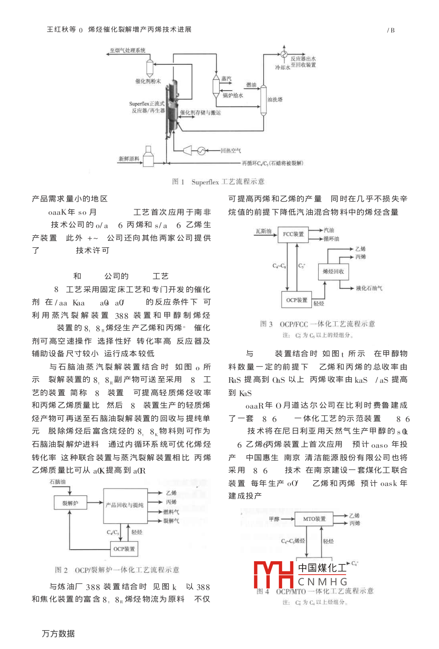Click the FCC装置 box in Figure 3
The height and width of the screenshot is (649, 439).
(x=293, y=234)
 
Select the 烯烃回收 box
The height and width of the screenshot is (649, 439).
(x=333, y=271)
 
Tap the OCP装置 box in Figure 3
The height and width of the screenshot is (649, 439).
(x=297, y=300)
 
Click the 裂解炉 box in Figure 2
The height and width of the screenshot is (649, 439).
(x=70, y=503)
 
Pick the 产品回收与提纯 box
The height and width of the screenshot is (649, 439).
(x=124, y=505)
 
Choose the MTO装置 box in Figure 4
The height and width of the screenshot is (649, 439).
(x=315, y=519)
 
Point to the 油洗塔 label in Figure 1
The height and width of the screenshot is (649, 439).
(x=275, y=100)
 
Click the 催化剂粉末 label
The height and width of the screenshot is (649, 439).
(x=148, y=81)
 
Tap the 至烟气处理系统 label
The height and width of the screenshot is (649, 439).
(x=127, y=50)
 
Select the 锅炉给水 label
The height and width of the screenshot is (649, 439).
(x=233, y=96)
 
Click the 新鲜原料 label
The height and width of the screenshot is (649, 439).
(x=129, y=159)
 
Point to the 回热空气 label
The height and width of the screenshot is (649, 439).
(x=230, y=151)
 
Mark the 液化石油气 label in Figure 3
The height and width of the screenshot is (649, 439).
(x=369, y=288)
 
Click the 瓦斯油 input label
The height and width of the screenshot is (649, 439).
(x=263, y=231)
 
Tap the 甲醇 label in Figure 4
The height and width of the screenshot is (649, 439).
(x=274, y=519)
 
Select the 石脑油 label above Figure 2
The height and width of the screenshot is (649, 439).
(x=58, y=482)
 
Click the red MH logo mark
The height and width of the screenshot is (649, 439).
(x=273, y=575)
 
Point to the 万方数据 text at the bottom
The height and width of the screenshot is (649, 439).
(x=58, y=634)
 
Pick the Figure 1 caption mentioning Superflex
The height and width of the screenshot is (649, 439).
(x=218, y=182)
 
